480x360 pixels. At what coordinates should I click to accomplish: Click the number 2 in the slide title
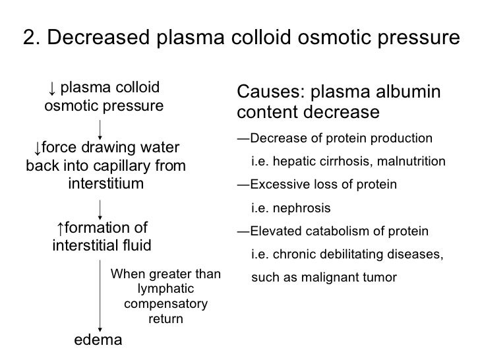tap(28, 39)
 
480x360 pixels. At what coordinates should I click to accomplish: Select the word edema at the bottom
tap(98, 340)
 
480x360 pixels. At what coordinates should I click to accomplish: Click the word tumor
tap(382, 278)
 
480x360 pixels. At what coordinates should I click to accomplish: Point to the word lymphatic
tap(165, 289)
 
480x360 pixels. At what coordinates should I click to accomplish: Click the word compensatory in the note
tap(165, 305)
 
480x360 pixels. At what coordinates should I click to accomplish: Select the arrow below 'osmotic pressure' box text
tap(100, 126)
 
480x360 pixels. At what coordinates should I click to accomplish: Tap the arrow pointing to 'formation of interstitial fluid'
tap(100, 209)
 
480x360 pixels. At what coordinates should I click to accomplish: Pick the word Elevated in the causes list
tap(272, 231)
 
